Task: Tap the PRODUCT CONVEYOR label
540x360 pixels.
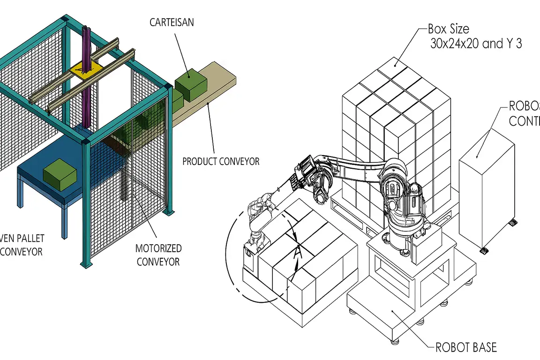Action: click(x=221, y=161)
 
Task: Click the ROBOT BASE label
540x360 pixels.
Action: click(x=466, y=347)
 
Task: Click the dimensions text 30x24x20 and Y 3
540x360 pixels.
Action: click(x=476, y=44)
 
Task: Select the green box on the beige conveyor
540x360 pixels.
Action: click(x=191, y=84)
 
